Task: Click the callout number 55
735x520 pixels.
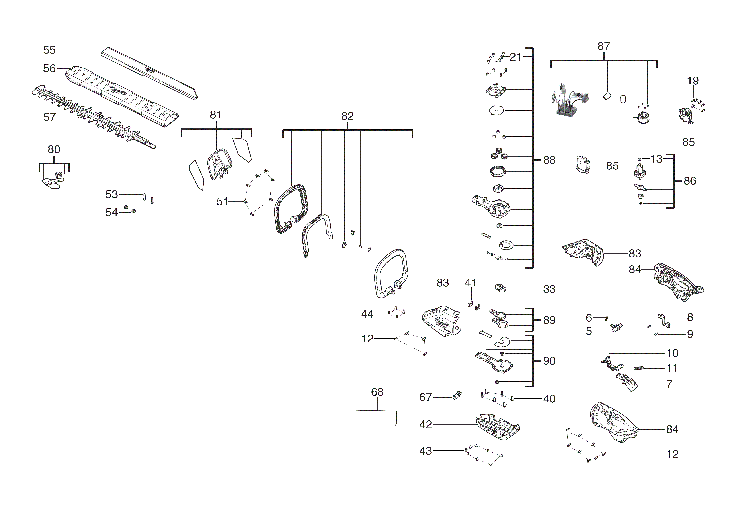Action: tap(49, 50)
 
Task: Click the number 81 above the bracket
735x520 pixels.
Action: tap(216, 115)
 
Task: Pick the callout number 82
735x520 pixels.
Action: tap(347, 116)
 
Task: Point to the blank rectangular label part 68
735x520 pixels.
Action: tap(376, 418)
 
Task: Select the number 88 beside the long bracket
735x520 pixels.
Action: tap(549, 160)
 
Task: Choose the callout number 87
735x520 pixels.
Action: tap(604, 46)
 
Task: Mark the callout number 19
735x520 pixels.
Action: tap(693, 81)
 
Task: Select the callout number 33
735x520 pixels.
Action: tap(549, 289)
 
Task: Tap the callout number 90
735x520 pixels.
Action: tap(549, 361)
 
